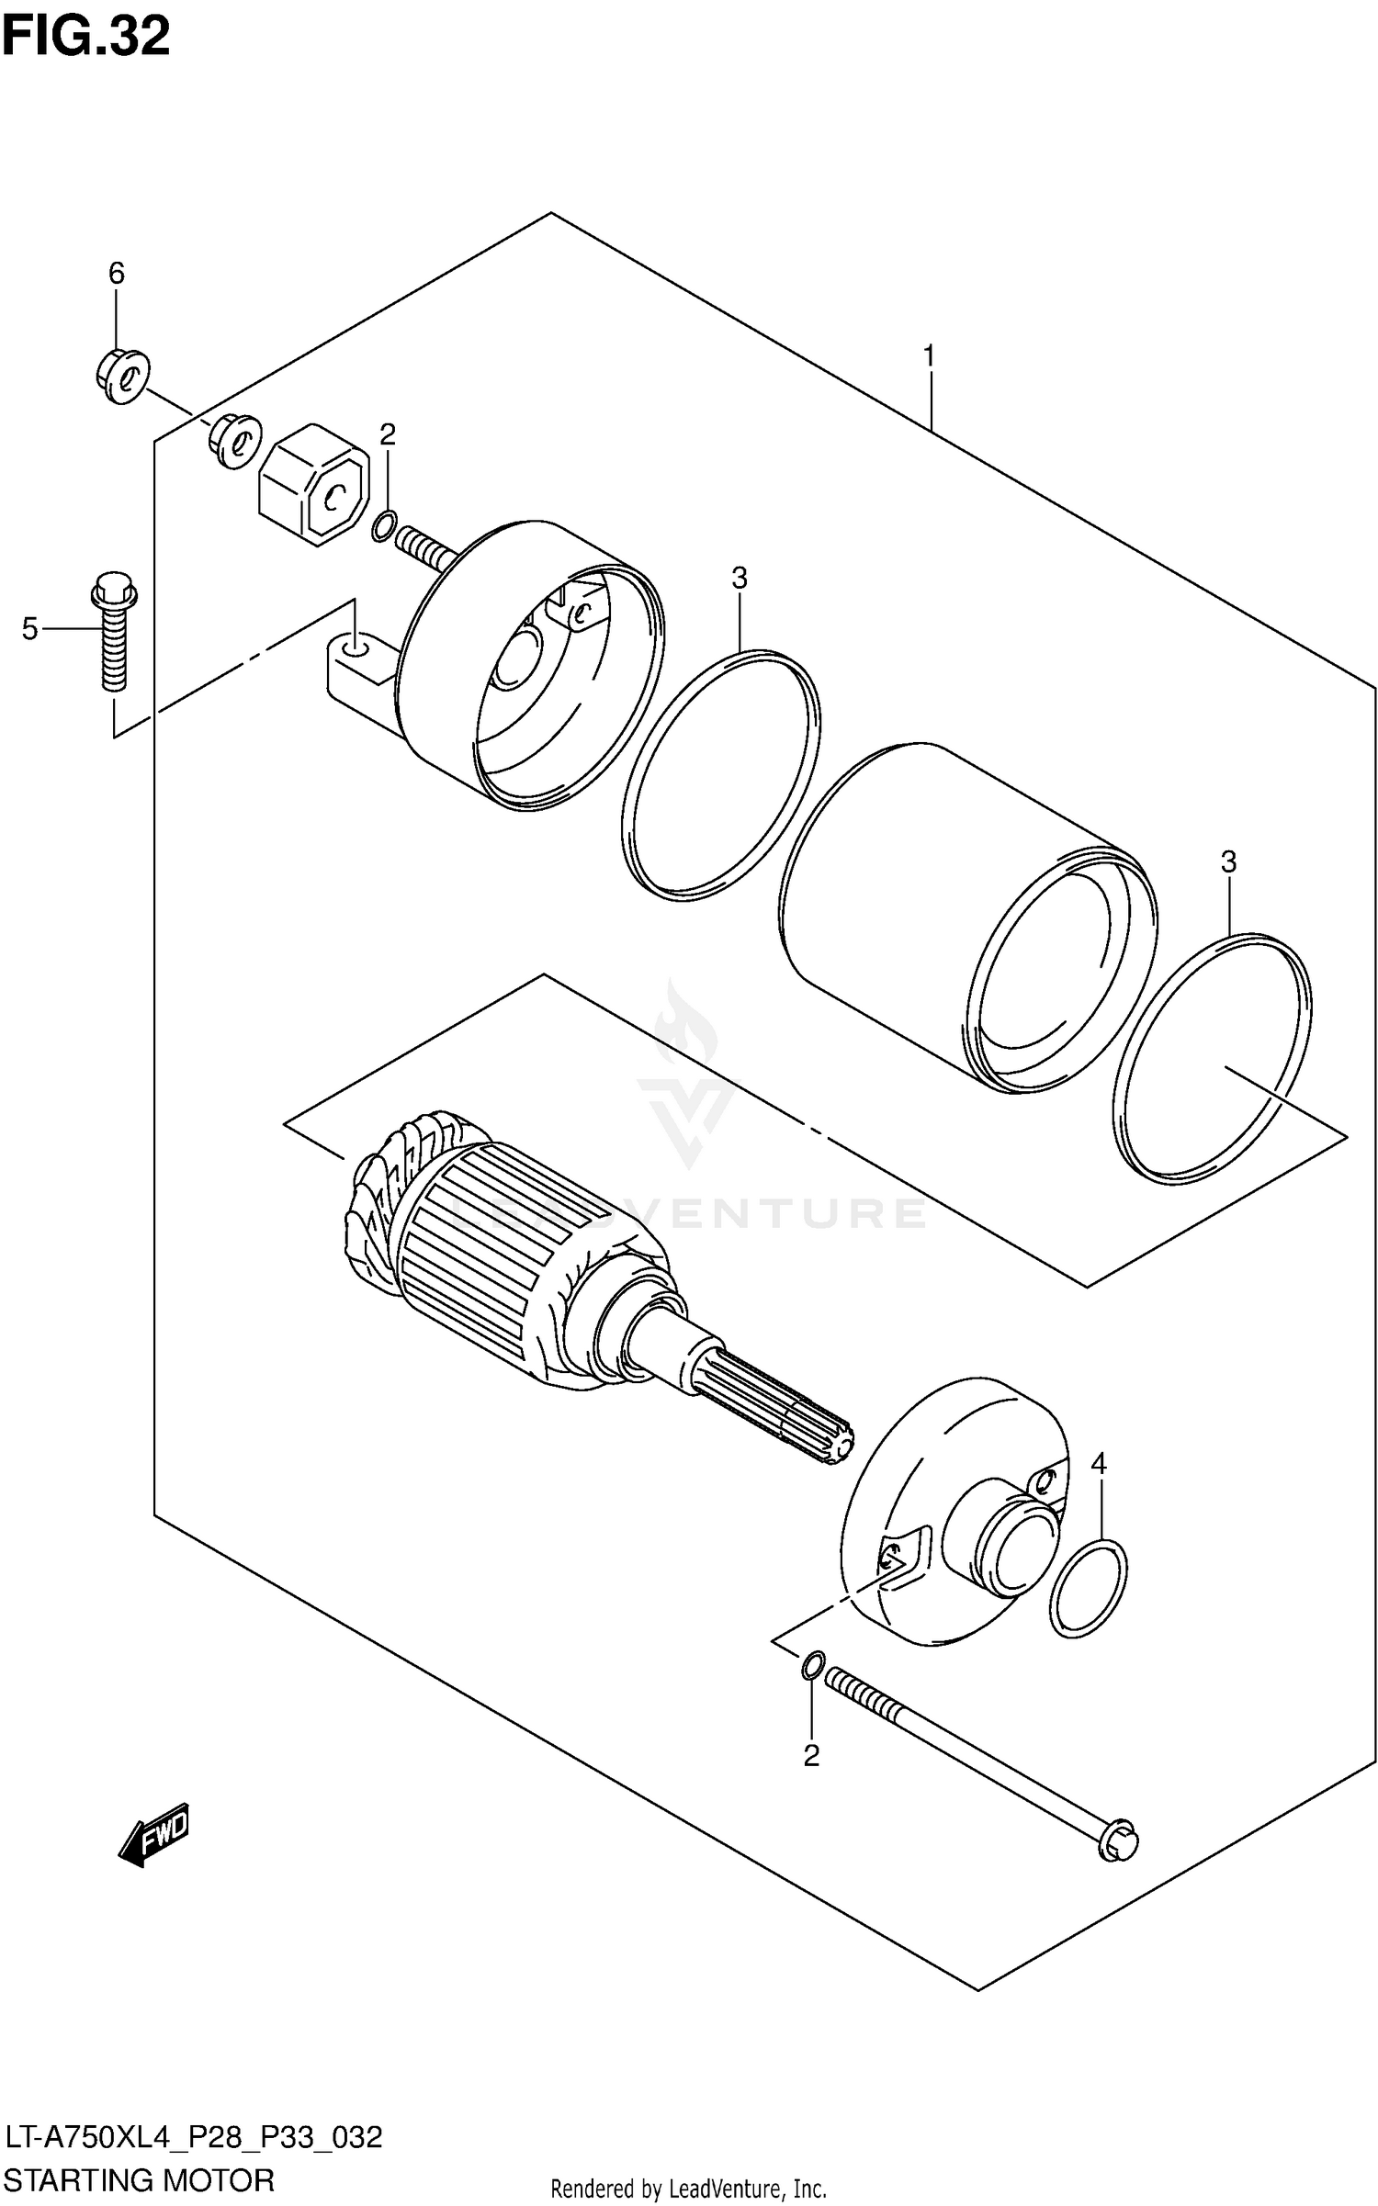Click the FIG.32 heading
tap(85, 37)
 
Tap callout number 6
tap(116, 273)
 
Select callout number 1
tap(929, 355)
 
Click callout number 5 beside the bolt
tap(30, 629)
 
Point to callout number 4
tap(1099, 1465)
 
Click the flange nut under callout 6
tap(122, 376)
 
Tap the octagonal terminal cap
tap(314, 484)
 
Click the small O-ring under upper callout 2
tap(385, 526)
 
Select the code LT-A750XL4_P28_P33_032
tap(193, 2138)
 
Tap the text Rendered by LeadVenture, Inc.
tap(688, 2189)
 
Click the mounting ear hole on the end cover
tap(353, 650)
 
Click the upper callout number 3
tap(739, 579)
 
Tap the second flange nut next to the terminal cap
tap(236, 442)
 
